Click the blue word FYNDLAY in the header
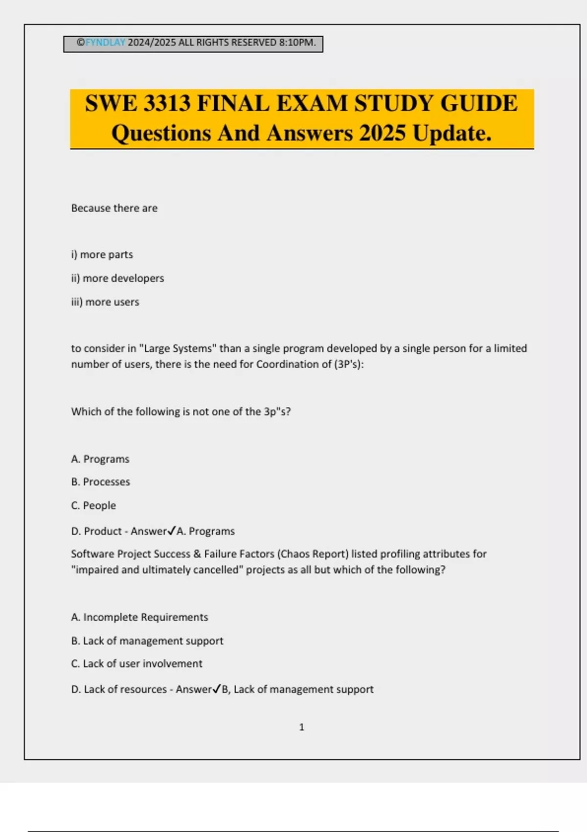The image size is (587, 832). tap(105, 43)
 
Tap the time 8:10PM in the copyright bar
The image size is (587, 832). tap(297, 43)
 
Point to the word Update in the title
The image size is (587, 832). tap(452, 133)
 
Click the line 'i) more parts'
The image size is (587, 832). tap(102, 254)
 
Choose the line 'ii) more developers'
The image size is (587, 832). tap(117, 278)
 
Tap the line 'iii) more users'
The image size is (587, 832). tap(105, 302)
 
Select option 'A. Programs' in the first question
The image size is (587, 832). tap(100, 459)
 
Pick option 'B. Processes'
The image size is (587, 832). tap(100, 482)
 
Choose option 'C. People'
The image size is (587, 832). tap(93, 506)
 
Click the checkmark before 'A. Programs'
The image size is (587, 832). tap(172, 531)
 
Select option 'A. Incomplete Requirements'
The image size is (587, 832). tap(139, 617)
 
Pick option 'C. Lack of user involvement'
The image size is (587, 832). tap(136, 664)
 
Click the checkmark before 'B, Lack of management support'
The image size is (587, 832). tap(217, 689)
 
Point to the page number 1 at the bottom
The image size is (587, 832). tap(301, 727)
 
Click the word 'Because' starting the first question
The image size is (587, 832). tap(90, 208)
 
